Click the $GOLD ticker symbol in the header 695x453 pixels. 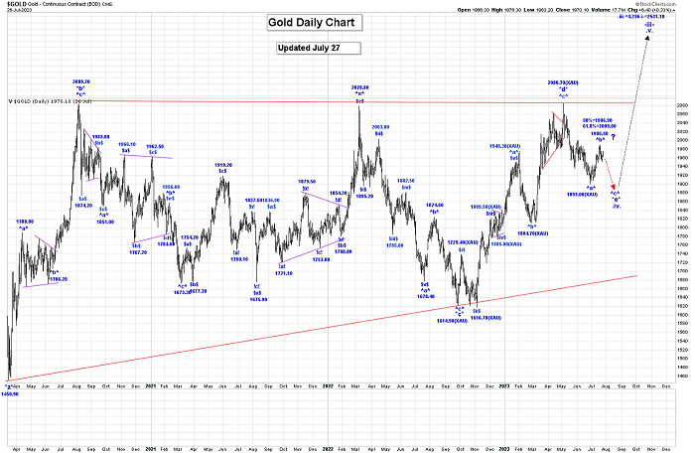coord(17,5)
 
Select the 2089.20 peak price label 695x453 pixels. coord(82,81)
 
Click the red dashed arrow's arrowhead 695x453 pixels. coord(616,187)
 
